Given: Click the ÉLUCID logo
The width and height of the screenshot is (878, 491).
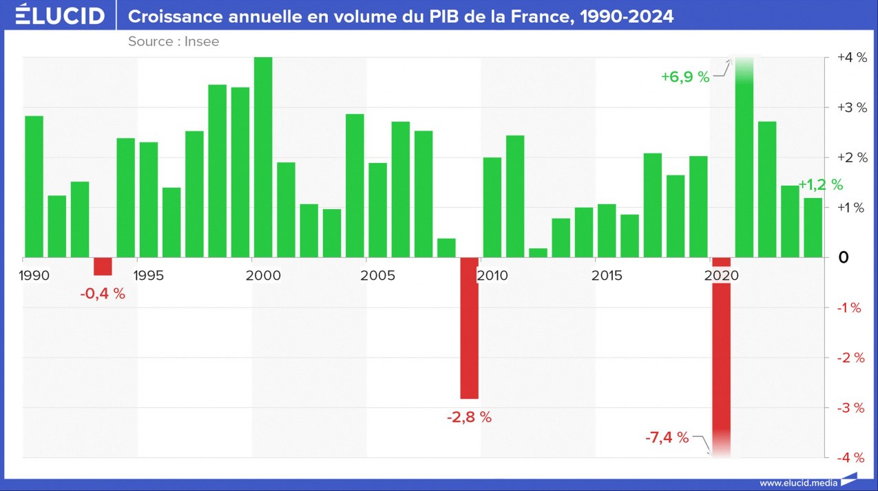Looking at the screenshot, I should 60,15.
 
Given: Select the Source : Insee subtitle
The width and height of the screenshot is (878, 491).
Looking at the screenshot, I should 174,41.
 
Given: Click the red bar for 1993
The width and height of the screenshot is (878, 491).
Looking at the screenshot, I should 103,266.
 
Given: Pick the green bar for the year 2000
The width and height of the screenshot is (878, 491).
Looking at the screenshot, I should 263,157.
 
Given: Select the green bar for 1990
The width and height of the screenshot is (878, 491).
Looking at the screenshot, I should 34,186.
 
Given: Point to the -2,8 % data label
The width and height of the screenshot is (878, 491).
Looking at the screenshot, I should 469,417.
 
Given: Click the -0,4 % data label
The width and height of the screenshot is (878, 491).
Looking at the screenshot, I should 103,294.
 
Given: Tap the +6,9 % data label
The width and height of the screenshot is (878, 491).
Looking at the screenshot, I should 684,77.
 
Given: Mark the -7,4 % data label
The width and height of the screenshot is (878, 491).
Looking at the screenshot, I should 667,437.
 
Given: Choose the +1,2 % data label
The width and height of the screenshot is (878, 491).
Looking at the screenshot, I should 821,184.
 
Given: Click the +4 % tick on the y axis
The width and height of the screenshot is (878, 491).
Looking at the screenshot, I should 850,57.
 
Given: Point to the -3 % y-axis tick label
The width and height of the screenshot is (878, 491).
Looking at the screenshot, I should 850,408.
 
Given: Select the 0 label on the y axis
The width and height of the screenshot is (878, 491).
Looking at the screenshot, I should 843,257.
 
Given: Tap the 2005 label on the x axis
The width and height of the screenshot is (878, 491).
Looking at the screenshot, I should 377,276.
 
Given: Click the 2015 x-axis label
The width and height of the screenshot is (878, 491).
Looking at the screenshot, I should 607,276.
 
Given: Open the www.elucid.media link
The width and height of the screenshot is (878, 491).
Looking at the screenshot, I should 798,483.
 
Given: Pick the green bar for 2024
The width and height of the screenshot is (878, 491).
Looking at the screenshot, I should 813,228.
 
